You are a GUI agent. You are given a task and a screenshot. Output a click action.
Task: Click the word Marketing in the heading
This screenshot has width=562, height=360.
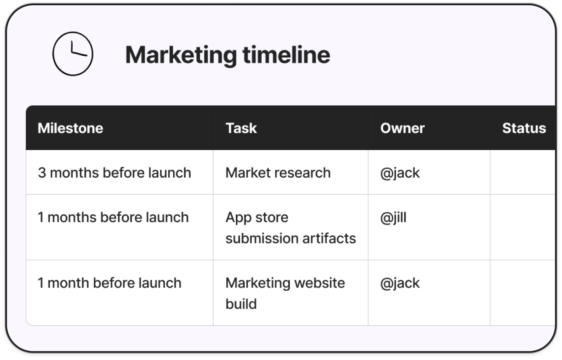(181, 56)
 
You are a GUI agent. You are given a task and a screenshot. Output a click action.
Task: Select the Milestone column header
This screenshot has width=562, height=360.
(70, 128)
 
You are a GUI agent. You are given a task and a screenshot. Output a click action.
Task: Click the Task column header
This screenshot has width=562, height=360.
(241, 128)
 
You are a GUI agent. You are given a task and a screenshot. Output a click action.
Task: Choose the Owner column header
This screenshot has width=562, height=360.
(402, 128)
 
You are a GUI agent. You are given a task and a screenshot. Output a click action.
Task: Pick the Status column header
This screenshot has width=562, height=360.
(524, 128)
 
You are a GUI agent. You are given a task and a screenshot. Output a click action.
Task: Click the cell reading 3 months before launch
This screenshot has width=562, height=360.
(114, 173)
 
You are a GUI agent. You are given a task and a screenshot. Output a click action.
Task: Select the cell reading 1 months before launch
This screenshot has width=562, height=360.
(113, 217)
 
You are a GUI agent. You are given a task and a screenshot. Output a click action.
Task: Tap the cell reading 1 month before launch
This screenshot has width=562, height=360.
(110, 283)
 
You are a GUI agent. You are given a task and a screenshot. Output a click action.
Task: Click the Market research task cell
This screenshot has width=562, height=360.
(278, 173)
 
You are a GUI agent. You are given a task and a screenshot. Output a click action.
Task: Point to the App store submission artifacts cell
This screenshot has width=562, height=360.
(291, 228)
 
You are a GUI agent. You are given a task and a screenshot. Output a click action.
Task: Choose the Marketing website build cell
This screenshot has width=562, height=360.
(285, 293)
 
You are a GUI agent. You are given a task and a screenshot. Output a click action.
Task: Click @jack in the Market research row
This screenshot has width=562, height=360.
(400, 173)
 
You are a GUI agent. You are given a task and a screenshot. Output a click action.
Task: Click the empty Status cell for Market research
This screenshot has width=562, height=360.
(523, 172)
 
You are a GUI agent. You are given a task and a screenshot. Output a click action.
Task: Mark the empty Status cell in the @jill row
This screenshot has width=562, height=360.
(523, 227)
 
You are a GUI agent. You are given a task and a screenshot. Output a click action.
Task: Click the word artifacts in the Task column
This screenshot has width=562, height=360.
(329, 238)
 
